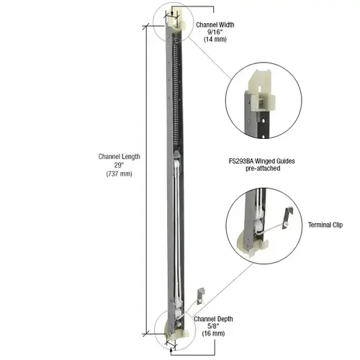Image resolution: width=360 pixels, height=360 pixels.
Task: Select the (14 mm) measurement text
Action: click(x=215, y=40)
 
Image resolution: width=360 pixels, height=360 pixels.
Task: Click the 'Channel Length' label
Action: click(x=120, y=157)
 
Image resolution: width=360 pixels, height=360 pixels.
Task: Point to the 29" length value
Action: click(x=120, y=166)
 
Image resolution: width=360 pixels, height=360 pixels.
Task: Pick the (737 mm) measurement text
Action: click(x=120, y=174)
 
